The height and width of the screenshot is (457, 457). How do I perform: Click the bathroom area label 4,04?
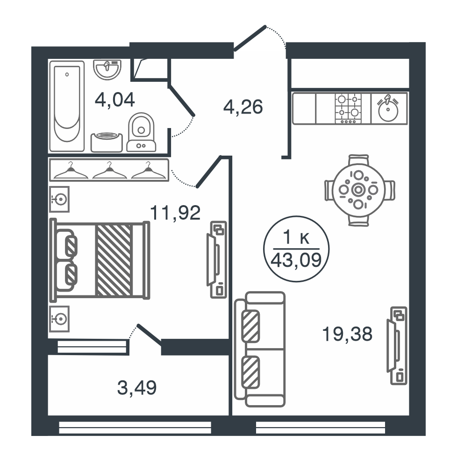tap(115, 100)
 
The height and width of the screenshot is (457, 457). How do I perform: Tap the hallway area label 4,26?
tap(243, 107)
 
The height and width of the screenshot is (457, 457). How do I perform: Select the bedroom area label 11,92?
tap(175, 213)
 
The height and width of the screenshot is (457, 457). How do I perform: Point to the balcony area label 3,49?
tap(137, 388)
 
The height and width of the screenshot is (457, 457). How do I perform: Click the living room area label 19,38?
tap(347, 334)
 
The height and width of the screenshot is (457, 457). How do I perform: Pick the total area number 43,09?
tap(296, 260)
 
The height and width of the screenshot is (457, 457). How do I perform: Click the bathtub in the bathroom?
tap(67, 106)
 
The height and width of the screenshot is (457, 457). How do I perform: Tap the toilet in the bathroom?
tap(142, 132)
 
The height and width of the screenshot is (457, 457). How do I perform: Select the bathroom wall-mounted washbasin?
tap(107, 70)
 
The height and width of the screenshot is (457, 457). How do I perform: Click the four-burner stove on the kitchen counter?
tap(348, 108)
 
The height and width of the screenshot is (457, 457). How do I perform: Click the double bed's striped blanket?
tap(114, 260)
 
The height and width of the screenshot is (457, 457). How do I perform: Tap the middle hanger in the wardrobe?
tap(110, 171)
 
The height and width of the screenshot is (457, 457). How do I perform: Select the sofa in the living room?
tap(260, 349)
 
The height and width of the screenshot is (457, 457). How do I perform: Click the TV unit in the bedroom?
tap(217, 260)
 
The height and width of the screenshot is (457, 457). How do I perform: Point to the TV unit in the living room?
tap(397, 346)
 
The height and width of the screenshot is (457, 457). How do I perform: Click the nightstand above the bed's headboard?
tap(59, 199)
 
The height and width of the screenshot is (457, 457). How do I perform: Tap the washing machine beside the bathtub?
tap(107, 142)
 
